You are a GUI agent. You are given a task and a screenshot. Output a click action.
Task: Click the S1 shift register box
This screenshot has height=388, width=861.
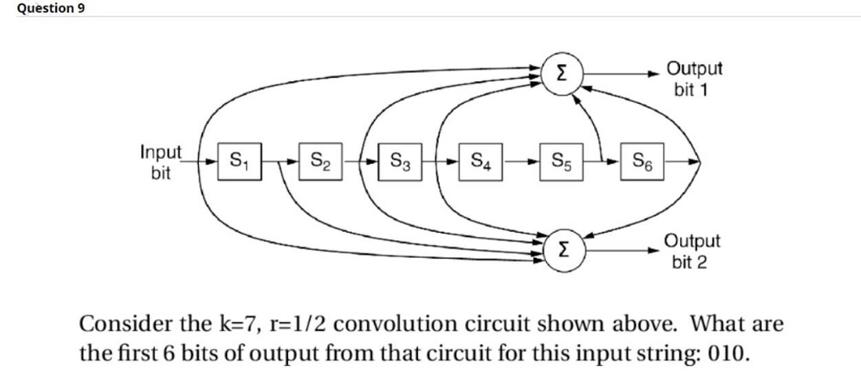[x=239, y=162]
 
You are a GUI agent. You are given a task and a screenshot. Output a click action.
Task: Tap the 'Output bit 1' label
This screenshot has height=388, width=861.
[x=695, y=78]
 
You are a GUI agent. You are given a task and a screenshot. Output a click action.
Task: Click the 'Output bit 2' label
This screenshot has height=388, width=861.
[x=692, y=251]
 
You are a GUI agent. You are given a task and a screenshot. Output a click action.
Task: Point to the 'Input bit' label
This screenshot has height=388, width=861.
[x=161, y=162]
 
